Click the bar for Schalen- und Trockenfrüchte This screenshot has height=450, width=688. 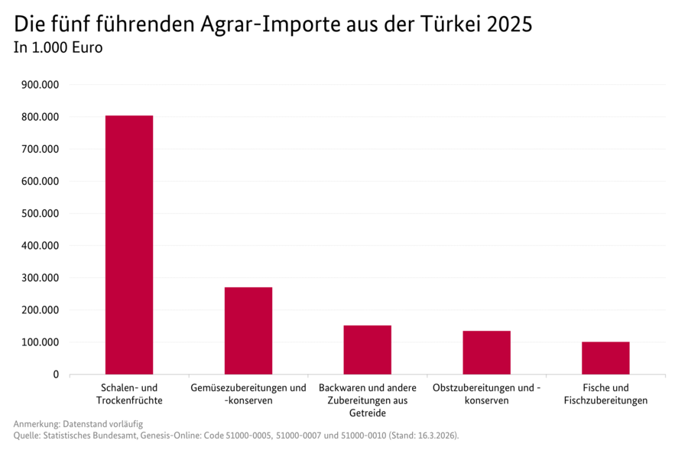129,244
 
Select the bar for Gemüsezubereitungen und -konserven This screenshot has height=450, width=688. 248,330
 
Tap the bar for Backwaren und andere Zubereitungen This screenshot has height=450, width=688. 368,349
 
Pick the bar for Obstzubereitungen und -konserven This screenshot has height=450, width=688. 486,352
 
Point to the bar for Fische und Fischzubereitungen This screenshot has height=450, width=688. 605,358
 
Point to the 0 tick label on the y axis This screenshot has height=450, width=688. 56,374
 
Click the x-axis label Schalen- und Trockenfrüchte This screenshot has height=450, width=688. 129,394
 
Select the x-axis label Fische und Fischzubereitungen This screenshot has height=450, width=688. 605,394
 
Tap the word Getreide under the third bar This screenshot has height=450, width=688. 368,413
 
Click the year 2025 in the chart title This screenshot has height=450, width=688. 509,24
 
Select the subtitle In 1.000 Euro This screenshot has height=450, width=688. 58,47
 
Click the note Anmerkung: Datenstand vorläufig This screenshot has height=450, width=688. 78,423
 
